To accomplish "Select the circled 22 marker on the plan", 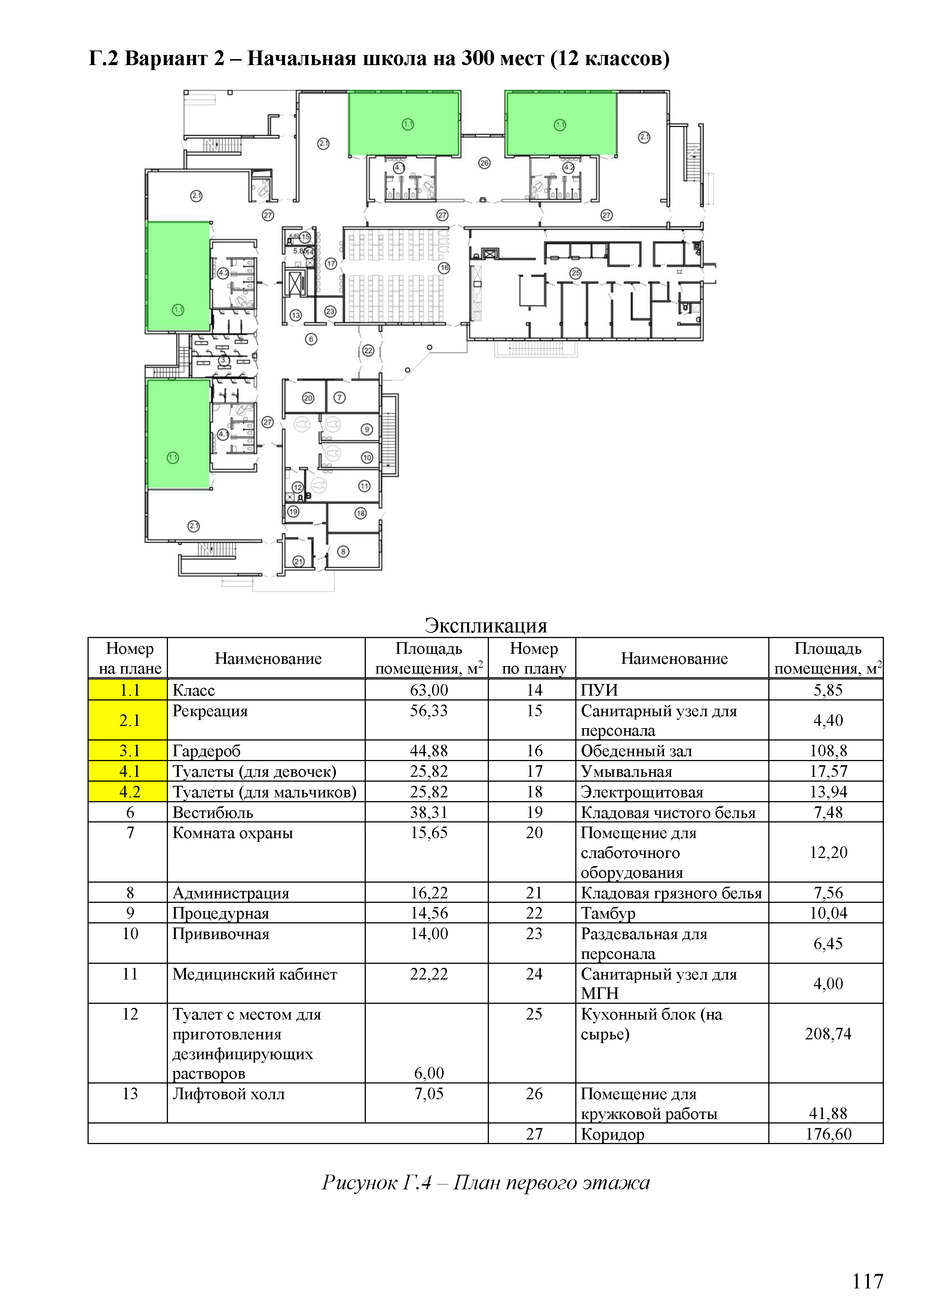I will point(368,350).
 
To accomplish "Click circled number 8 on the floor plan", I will point(343,551).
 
